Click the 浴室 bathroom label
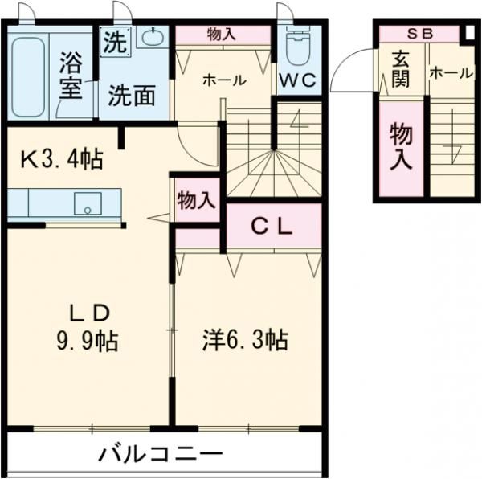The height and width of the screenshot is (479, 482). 71,75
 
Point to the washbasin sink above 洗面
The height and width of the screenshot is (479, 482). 151,37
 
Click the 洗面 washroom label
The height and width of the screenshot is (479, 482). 132,96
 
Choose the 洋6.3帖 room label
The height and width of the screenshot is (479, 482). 245,340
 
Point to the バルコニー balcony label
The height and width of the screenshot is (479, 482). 161,455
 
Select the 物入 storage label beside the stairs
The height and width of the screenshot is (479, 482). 197,200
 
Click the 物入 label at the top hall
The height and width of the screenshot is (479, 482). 223,34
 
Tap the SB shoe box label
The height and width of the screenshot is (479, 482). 419,34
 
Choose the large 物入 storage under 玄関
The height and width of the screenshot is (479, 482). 401,146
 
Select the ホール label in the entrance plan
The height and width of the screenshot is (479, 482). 451,73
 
